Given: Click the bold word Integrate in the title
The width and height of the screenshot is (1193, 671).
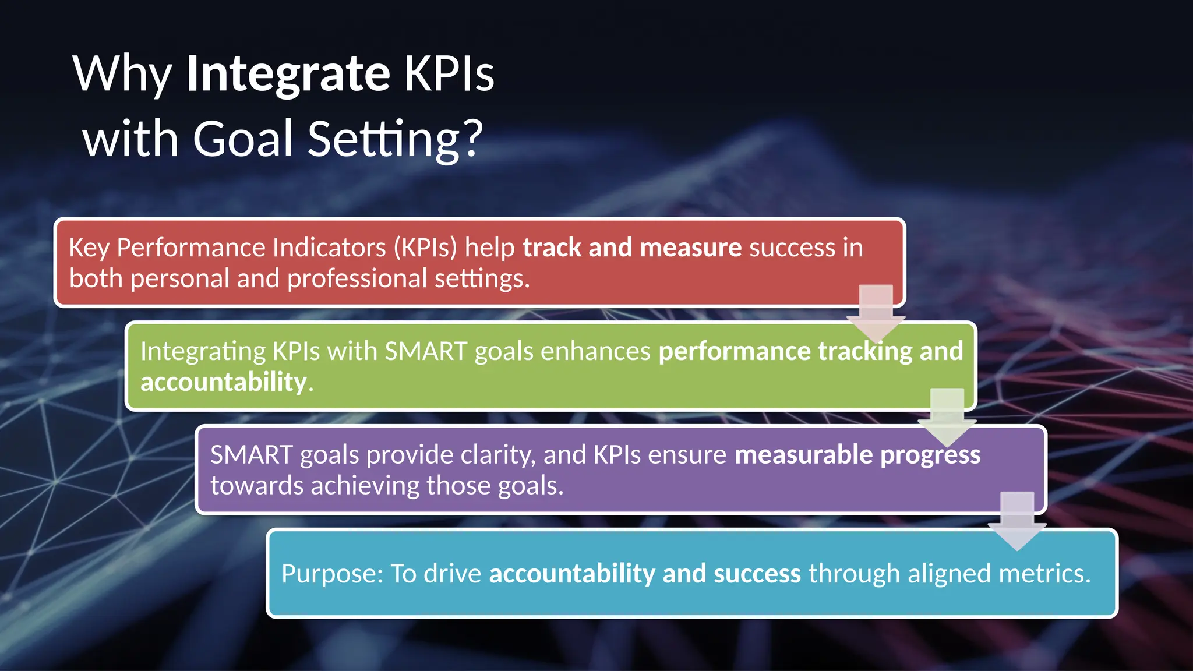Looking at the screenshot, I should tap(288, 74).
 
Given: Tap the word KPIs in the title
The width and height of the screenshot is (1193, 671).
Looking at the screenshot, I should tap(449, 74).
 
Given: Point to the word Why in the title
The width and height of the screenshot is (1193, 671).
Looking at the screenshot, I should tap(122, 74).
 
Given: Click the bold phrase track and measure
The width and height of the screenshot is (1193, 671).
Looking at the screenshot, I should tap(632, 248).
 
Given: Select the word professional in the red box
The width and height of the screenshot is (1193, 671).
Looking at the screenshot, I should tap(357, 278).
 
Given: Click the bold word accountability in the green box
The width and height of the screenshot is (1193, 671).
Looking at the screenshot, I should tap(224, 382).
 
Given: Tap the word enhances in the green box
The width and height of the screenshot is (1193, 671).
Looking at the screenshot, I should tap(595, 351).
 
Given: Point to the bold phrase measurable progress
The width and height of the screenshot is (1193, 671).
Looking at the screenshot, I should tap(857, 455).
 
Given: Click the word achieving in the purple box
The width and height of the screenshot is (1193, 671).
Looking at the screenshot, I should tap(364, 486).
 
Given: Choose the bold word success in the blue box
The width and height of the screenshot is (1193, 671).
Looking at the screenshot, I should tap(757, 574).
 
